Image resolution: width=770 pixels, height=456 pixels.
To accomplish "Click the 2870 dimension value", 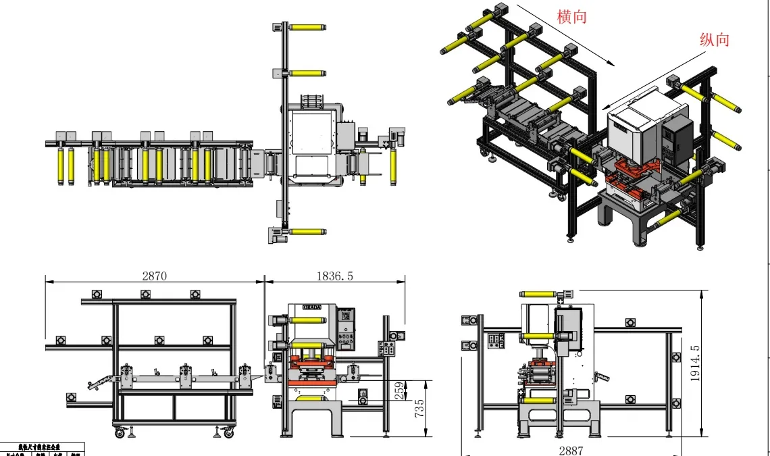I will pos(155,276).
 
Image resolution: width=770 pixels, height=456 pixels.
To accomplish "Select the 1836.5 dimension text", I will pos(335,276).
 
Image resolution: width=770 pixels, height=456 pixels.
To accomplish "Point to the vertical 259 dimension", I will pos(400,390).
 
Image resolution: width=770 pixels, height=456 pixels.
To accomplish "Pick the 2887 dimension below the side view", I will pos(571,450).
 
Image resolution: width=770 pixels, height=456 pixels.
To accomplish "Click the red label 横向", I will pos(571,17).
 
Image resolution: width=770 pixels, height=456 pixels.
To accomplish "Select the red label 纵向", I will pos(715,39).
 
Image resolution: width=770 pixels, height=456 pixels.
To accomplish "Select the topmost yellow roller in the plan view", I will pos(309,28).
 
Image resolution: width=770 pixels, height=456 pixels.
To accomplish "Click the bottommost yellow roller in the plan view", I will pos(309,232).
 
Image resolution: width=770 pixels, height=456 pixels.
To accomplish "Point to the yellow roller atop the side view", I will pos(538,295).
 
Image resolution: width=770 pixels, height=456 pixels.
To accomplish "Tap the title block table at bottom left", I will pos(42,449).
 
